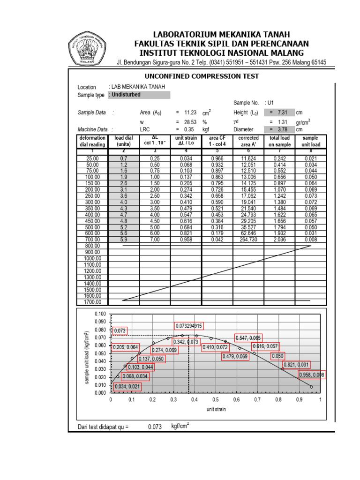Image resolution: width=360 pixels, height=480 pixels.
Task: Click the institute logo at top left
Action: click(x=88, y=48)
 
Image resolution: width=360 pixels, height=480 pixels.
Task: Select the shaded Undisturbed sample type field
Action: click(x=139, y=95)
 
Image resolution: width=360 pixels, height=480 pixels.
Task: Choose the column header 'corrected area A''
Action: click(x=248, y=141)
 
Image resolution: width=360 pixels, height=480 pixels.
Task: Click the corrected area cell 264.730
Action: click(x=248, y=239)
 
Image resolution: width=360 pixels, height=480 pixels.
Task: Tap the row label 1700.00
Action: click(x=92, y=302)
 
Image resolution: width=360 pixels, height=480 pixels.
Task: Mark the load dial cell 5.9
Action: click(x=124, y=239)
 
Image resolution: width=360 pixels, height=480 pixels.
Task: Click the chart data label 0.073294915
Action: click(x=189, y=326)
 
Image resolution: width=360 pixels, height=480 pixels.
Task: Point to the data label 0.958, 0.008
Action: click(x=312, y=375)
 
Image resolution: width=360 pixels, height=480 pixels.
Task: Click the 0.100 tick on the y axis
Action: click(x=100, y=314)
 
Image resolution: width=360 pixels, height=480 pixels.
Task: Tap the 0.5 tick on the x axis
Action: click(x=215, y=400)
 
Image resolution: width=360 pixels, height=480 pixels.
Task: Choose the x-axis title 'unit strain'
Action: click(x=216, y=409)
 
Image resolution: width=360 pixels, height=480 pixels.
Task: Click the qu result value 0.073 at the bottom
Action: click(x=155, y=427)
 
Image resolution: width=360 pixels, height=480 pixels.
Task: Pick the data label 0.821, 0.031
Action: click(x=296, y=365)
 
